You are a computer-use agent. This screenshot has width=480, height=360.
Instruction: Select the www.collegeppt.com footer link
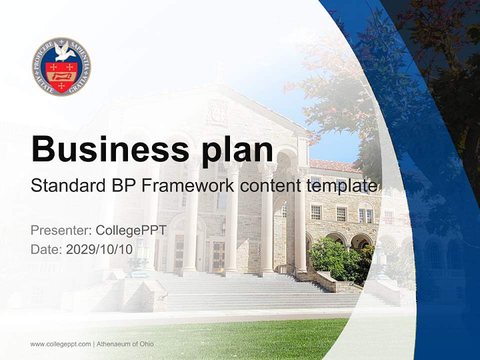[x=60, y=344]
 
